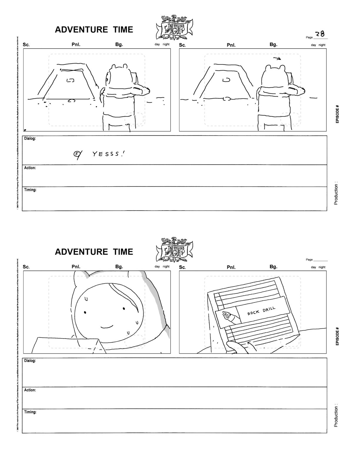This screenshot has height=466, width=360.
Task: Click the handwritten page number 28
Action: click(320, 34)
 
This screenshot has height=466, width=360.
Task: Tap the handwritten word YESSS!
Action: click(109, 154)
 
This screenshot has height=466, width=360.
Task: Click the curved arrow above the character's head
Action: click(277, 59)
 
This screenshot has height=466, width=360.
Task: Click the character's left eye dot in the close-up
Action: click(85, 312)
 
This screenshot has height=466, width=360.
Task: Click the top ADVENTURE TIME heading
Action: click(94, 30)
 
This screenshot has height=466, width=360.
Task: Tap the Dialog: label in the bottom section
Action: click(30, 361)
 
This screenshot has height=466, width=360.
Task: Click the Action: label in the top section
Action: click(30, 168)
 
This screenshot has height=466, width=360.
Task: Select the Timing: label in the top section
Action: click(30, 190)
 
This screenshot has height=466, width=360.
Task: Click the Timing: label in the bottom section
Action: click(30, 412)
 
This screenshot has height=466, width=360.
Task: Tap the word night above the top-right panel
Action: click(322, 45)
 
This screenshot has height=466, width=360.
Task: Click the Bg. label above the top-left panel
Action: click(119, 45)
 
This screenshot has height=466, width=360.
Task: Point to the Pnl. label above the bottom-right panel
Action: click(231, 267)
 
